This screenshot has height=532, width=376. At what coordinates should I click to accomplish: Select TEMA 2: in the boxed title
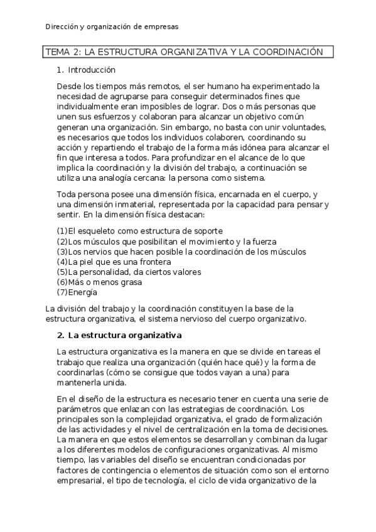tap(63, 52)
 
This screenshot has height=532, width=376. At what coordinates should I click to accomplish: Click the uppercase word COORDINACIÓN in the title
tap(287, 52)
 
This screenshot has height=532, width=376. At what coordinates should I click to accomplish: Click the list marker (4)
tap(62, 262)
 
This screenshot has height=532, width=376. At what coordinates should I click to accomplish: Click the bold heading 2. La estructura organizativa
tap(119, 334)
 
